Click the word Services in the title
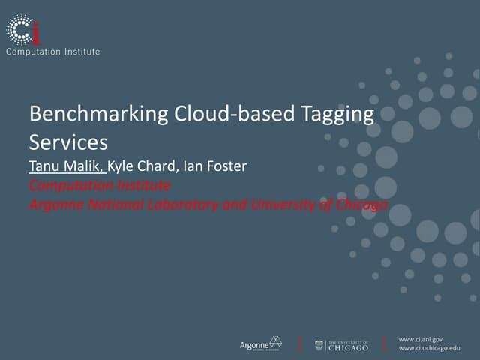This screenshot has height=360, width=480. coord(68,142)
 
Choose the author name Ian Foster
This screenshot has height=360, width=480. coord(214,166)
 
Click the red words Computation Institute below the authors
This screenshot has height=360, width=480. coord(100,185)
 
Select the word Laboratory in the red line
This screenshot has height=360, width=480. coord(182,204)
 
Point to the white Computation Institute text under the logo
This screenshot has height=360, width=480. coord(52,52)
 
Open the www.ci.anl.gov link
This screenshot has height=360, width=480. coord(421,339)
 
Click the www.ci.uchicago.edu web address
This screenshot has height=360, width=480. coord(429,349)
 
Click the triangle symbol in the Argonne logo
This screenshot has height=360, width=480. coord(275,342)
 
